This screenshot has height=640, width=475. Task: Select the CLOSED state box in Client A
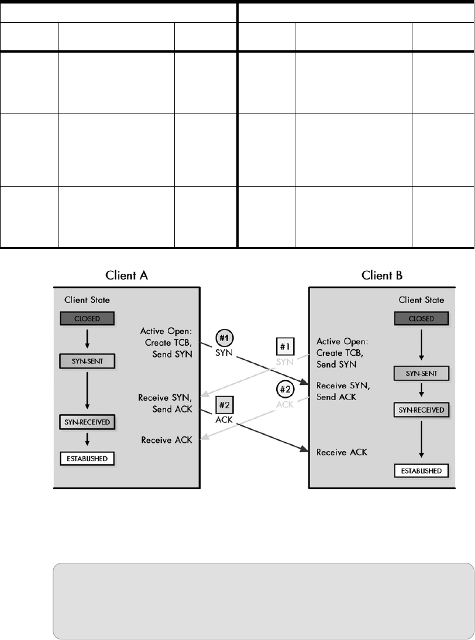click(x=87, y=318)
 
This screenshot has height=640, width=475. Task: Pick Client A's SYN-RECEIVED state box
click(x=87, y=421)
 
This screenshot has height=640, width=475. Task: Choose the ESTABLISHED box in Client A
click(x=87, y=458)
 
